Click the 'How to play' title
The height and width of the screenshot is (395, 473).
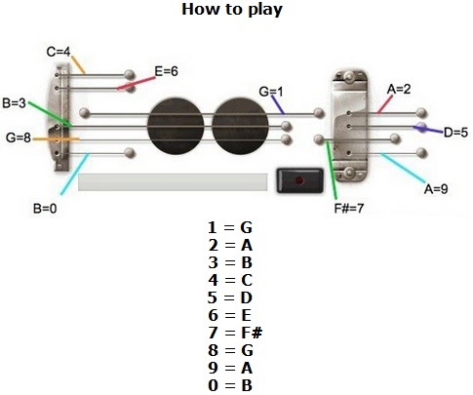232,10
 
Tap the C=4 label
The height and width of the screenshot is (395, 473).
59,52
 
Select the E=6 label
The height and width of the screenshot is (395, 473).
166,71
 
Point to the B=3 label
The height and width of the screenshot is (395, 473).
14,103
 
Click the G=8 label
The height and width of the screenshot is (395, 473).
19,138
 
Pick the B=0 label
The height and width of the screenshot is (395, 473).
45,209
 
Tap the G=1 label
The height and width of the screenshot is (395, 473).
271,92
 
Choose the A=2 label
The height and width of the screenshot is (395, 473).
399,89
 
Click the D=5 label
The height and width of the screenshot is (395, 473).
455,133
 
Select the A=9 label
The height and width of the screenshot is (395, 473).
436,188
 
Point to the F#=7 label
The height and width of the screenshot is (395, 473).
349,208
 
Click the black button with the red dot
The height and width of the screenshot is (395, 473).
299,180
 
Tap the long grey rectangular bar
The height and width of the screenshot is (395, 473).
173,182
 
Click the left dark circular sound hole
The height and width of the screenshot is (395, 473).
176,126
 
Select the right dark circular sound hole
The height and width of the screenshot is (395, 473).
240,126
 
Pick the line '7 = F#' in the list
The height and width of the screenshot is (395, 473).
235,333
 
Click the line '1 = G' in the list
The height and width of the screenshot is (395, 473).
230,227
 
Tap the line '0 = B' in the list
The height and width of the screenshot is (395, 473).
230,385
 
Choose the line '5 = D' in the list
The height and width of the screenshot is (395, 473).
230,297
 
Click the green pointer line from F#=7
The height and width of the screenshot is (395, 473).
332,170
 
